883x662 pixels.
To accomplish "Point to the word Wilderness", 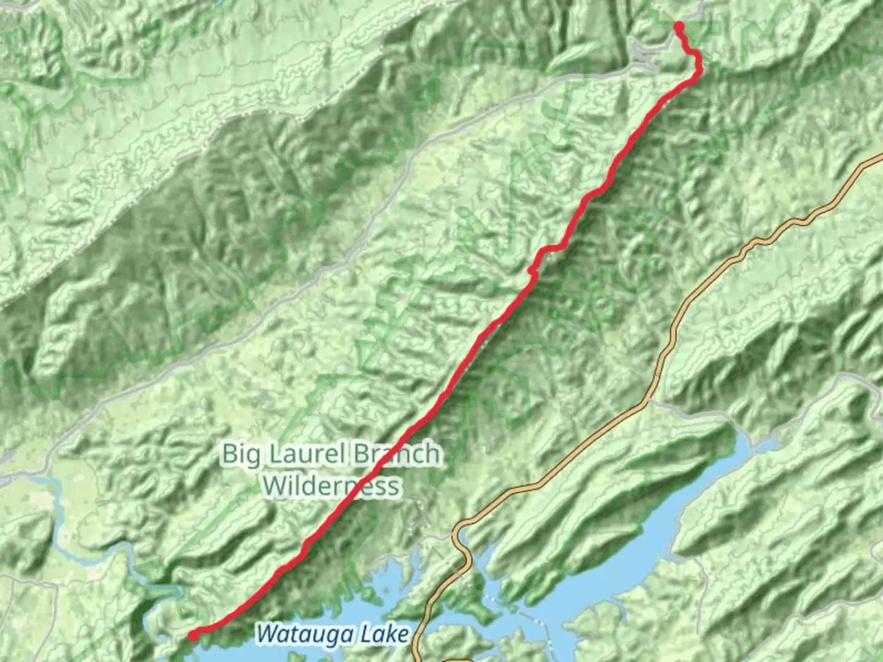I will (x=331, y=486).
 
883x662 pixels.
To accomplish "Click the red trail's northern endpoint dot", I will (x=679, y=26).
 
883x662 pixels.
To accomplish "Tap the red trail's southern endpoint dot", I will (x=193, y=636).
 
